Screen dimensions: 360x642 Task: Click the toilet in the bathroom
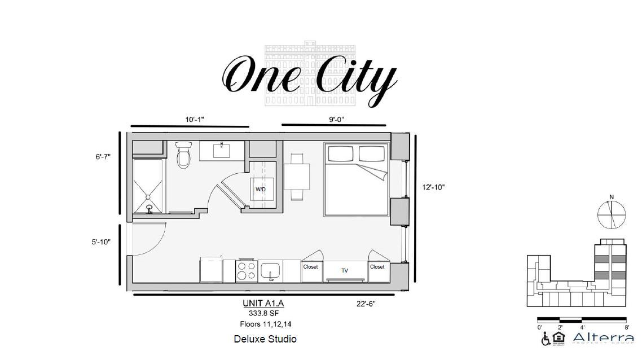point(184,156)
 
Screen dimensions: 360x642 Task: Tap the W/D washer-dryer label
point(260,190)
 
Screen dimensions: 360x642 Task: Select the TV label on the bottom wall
point(344,271)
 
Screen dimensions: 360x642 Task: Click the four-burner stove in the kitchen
point(247,271)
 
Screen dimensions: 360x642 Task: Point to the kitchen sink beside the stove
point(271,271)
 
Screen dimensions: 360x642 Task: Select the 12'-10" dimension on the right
point(433,187)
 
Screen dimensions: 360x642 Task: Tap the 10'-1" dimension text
point(194,120)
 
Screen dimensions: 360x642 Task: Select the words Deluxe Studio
point(265,339)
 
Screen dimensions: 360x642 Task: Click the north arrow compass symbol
point(612,215)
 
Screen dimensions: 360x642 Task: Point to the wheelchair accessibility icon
point(546,339)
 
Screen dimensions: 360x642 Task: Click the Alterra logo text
point(603,338)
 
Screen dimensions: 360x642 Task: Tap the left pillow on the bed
point(340,153)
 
